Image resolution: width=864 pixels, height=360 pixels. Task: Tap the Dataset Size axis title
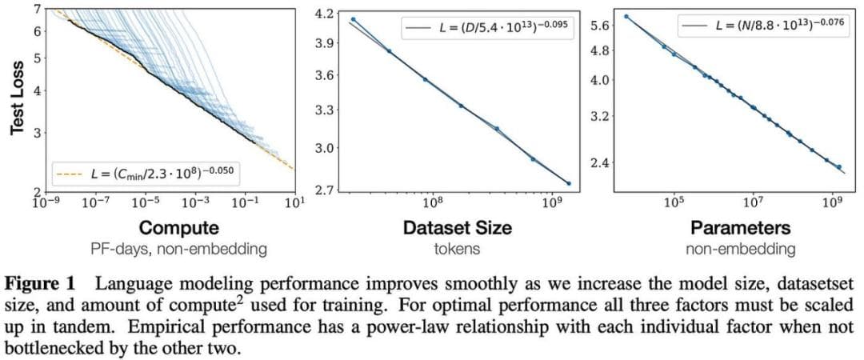click(x=457, y=227)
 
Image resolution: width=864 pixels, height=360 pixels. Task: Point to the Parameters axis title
click(x=741, y=227)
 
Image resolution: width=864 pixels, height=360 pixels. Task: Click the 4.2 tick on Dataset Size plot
click(x=325, y=14)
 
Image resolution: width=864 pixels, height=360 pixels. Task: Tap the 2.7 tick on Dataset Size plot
click(x=325, y=190)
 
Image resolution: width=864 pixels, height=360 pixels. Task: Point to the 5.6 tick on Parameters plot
click(x=600, y=26)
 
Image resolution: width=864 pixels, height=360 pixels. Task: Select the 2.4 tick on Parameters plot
click(x=600, y=163)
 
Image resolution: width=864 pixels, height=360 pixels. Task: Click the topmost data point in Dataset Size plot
click(x=353, y=19)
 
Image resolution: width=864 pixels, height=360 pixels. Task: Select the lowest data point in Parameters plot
click(x=839, y=167)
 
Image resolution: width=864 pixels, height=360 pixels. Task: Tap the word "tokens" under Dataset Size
click(x=457, y=249)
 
